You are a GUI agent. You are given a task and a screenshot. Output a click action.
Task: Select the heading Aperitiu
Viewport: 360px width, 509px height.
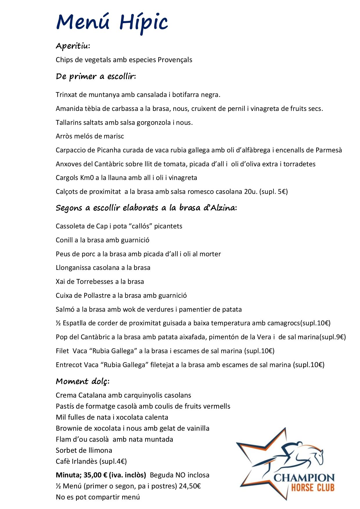[73, 46]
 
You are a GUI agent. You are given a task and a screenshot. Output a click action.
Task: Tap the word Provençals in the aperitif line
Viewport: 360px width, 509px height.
[175, 60]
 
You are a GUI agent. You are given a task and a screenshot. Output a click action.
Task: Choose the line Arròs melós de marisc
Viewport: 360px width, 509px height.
[90, 136]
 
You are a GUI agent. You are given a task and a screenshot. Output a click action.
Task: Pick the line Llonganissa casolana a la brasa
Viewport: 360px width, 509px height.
[103, 268]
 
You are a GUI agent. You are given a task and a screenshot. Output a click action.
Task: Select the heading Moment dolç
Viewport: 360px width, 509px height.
[82, 381]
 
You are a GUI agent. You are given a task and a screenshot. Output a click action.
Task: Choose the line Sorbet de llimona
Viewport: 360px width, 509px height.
[84, 450]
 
